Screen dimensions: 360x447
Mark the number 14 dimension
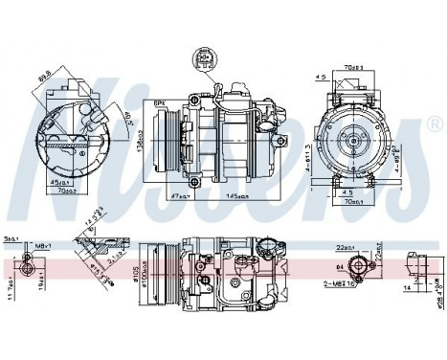(x=407, y=284)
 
